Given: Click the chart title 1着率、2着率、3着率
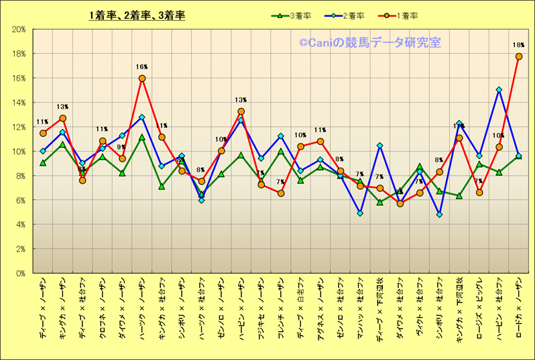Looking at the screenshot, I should pyautogui.click(x=137, y=16).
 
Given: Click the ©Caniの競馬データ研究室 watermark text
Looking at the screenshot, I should pyautogui.click(x=369, y=43).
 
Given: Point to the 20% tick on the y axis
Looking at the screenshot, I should pyautogui.click(x=19, y=29).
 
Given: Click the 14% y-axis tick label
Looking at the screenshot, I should pyautogui.click(x=19, y=103).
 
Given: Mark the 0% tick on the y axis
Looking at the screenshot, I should pyautogui.click(x=21, y=274).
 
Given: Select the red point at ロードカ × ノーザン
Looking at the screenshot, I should pyautogui.click(x=518, y=56).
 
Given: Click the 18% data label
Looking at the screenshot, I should pyautogui.click(x=518, y=46).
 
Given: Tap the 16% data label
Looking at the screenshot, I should pyautogui.click(x=141, y=67).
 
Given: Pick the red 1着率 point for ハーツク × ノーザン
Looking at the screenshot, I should pyautogui.click(x=142, y=78).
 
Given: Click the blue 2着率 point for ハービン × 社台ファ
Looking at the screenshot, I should pyautogui.click(x=499, y=90).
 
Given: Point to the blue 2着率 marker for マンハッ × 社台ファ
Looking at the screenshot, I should pyautogui.click(x=360, y=213).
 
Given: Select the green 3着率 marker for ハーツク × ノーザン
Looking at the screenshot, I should pyautogui.click(x=142, y=137).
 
